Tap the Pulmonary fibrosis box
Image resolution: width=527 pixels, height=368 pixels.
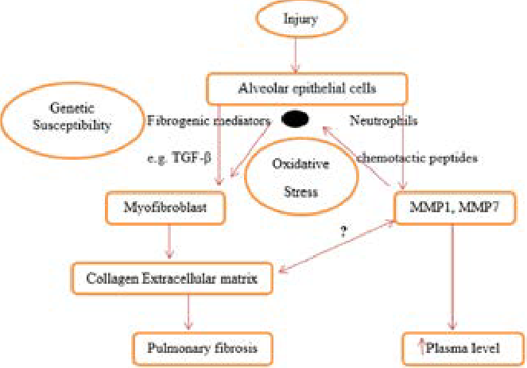(x=194, y=347)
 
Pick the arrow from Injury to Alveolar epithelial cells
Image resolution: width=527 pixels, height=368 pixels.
(x=296, y=54)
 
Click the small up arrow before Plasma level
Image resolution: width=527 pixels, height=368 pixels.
(x=420, y=347)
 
